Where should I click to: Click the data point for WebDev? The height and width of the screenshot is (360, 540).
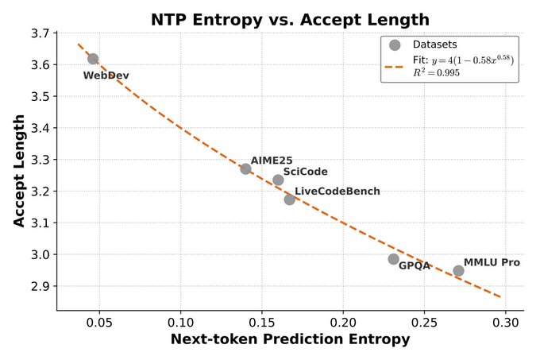[x=93, y=59]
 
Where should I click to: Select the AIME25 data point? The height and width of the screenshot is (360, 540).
[x=246, y=168]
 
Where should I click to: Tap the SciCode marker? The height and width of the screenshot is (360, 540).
[x=278, y=180]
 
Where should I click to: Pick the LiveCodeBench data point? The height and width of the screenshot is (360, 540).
[x=290, y=199]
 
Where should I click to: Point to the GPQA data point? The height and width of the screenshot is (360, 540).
[x=393, y=259]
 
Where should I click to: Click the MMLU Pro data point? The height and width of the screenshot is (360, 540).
[x=458, y=271]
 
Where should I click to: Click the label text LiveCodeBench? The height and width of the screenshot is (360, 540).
[x=337, y=191]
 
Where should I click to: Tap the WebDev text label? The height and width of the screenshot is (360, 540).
[x=106, y=75]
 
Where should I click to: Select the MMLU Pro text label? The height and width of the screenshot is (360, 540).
[x=492, y=261]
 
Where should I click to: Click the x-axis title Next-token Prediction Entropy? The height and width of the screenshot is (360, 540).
[x=290, y=339]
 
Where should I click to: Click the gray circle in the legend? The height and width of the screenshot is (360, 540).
[x=395, y=45]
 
